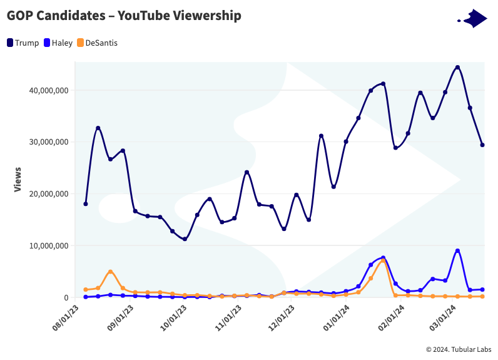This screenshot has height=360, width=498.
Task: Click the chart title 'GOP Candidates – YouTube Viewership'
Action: tap(124, 16)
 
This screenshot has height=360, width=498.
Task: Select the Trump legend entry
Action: tap(23, 43)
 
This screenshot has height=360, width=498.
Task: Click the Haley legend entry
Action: tap(58, 43)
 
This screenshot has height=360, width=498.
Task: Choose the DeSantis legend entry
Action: tap(97, 43)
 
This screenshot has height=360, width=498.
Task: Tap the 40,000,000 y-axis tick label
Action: tap(48, 90)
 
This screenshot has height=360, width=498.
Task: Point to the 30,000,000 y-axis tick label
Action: tap(48, 142)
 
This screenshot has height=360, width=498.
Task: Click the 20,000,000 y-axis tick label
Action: tap(48, 194)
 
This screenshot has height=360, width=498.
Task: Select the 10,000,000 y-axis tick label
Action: tap(48, 246)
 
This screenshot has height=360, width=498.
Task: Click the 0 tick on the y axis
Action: tap(66, 297)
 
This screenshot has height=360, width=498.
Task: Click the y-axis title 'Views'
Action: tap(18, 179)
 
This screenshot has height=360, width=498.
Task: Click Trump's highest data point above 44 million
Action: tap(457, 67)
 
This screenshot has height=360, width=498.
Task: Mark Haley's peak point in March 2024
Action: tap(457, 250)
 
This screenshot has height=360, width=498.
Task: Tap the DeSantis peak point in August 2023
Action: tap(110, 272)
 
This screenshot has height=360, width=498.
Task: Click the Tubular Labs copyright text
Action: tap(458, 349)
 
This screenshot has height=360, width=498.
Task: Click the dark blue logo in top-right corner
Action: tap(474, 19)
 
